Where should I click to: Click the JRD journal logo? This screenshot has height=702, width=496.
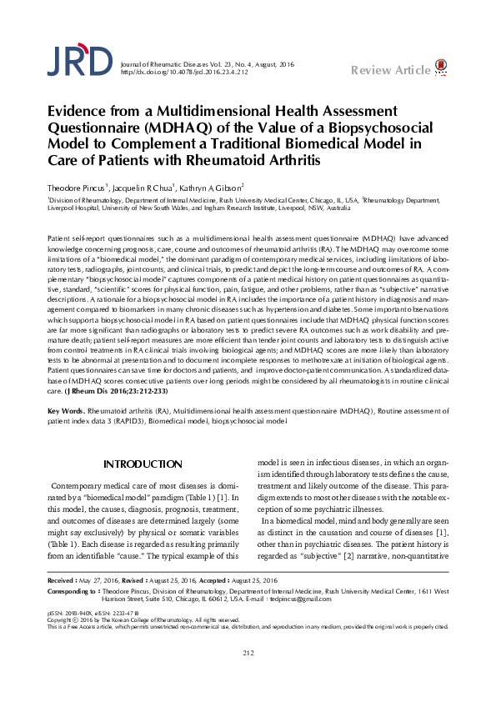[x=78, y=61]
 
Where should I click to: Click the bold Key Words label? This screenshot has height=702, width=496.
[x=66, y=413]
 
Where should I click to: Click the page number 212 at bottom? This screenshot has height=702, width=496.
[x=248, y=675]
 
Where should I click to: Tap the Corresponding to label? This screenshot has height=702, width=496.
[x=73, y=614]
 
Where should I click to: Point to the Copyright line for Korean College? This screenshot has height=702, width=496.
[x=146, y=642]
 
